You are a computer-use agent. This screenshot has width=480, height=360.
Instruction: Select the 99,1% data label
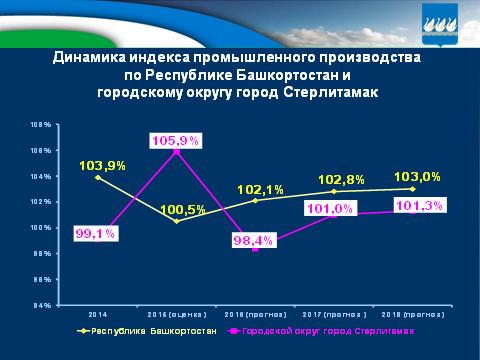pyautogui.click(x=96, y=234)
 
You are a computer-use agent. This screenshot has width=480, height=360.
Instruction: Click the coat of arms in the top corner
pyautogui.click(x=455, y=19)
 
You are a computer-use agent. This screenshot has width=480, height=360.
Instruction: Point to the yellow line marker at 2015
pyautogui.click(x=177, y=220)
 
